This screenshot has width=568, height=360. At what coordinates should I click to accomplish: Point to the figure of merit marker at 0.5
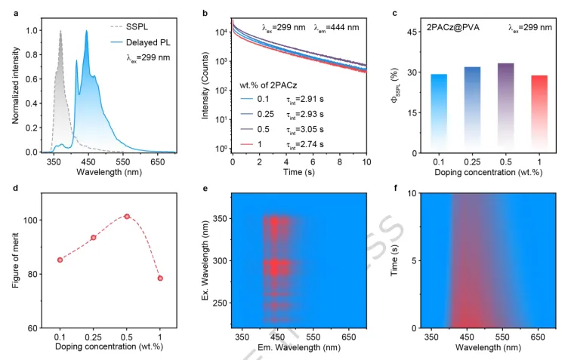point(127,216)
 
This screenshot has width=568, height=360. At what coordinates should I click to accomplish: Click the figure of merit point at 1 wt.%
point(160,278)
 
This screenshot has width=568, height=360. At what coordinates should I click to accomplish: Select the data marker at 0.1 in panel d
point(60,260)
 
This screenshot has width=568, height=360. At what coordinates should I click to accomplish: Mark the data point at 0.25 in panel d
point(94,238)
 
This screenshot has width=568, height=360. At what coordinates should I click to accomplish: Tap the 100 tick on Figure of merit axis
point(35,220)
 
